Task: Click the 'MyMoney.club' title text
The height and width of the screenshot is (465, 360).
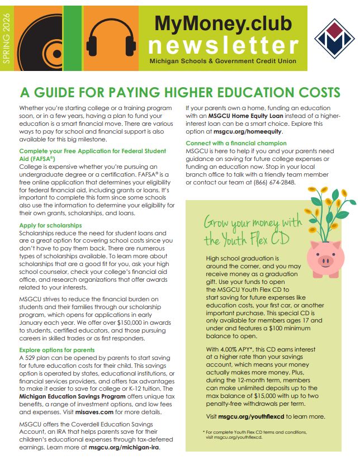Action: (222, 23)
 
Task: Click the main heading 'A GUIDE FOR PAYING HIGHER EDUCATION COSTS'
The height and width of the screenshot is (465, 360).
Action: (179, 92)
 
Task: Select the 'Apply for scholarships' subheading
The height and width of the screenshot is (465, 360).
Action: (50, 225)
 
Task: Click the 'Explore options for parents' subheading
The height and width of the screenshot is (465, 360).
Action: (57, 350)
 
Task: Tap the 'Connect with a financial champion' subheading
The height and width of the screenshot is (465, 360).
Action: (236, 144)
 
